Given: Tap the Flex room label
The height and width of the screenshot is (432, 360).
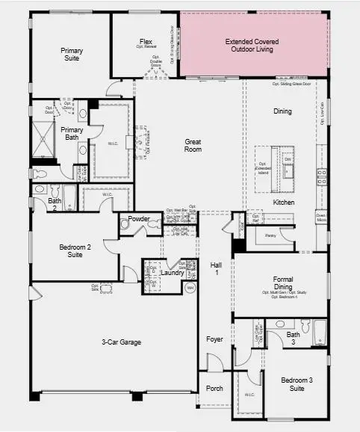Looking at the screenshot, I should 146,42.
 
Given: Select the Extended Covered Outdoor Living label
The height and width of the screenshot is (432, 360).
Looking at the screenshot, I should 249,46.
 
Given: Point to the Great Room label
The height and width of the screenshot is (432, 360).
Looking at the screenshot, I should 193,145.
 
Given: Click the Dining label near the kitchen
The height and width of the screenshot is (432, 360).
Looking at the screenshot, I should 282,111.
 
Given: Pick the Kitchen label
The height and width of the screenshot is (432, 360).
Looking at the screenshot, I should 283,203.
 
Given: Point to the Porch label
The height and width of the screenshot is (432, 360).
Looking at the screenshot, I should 214,388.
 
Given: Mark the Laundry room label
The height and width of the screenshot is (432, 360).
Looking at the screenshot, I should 172,273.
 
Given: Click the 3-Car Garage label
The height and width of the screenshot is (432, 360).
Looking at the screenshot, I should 121,342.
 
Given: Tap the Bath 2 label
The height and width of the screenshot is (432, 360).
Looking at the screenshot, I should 55,204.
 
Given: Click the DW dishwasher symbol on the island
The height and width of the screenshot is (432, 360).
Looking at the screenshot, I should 288,159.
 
